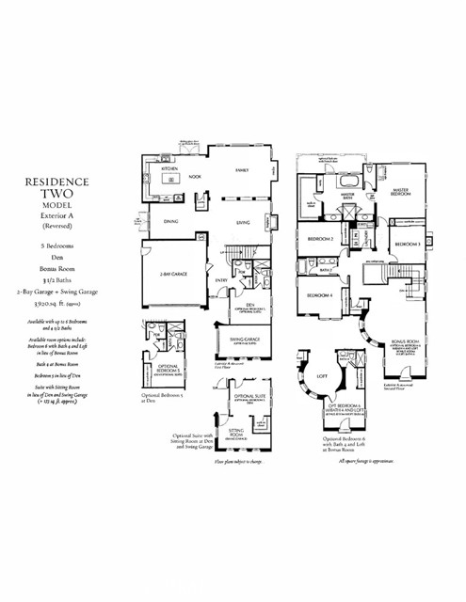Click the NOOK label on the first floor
196,176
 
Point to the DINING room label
171,223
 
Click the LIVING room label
242,223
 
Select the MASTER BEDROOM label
405,191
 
